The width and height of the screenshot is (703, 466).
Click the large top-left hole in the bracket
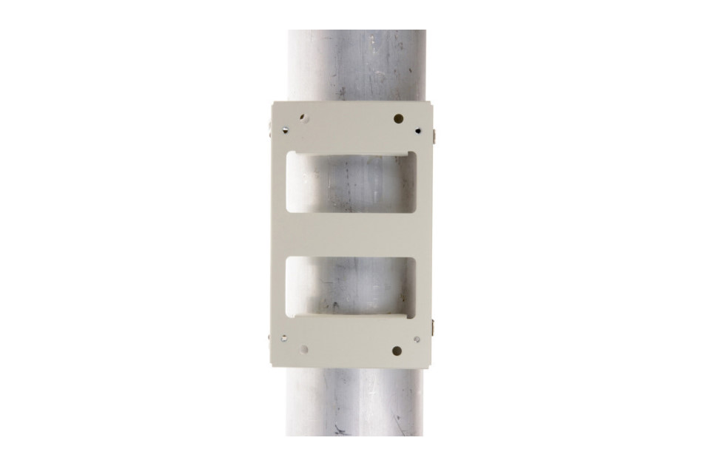click(303, 117)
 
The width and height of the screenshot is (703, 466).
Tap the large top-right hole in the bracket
click(398, 118)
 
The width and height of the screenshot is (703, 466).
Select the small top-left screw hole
click(285, 131)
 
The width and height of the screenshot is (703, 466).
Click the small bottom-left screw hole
click(285, 339)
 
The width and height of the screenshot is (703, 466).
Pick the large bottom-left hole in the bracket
click(303, 351)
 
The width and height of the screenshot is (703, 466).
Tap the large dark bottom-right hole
click(397, 351)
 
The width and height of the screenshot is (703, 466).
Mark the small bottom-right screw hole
click(417, 340)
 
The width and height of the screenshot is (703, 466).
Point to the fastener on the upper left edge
click(267, 134)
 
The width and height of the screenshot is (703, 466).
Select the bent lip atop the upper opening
click(351, 153)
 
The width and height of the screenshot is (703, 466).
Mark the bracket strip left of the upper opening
click(279, 185)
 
